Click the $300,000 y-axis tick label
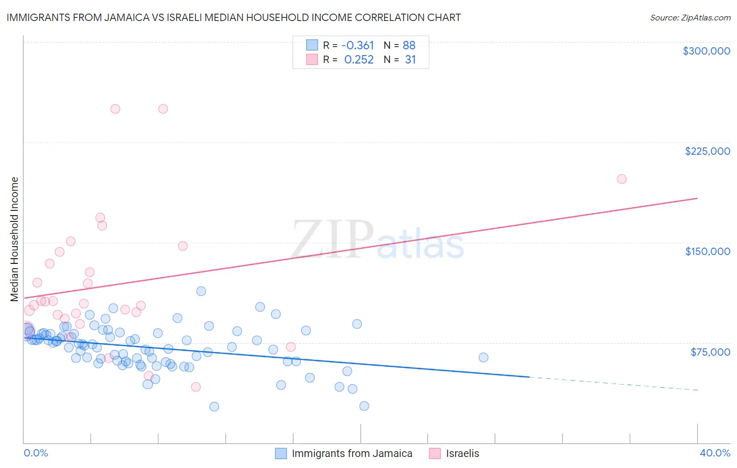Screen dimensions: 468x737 (706, 51)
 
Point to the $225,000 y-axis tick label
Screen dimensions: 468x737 (707, 151)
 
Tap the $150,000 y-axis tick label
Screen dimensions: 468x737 (707, 251)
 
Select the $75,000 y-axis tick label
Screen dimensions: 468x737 (710, 352)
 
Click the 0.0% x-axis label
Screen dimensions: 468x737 (36, 453)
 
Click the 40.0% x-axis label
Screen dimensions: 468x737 (714, 453)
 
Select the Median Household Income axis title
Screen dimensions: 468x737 (14, 239)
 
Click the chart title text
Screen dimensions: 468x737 (234, 17)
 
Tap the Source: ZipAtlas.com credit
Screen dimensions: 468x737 (690, 17)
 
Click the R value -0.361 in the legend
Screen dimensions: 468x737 (357, 46)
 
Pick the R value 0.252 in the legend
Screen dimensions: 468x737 (359, 60)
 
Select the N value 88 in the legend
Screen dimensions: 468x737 (409, 46)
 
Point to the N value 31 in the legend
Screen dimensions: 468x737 (410, 60)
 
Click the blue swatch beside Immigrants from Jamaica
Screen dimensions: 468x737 (281, 453)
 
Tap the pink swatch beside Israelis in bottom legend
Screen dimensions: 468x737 (435, 453)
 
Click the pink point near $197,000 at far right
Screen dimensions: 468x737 (622, 179)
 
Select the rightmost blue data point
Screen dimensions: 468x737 (483, 357)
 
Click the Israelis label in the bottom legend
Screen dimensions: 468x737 (462, 453)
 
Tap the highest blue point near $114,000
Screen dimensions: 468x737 (201, 291)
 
